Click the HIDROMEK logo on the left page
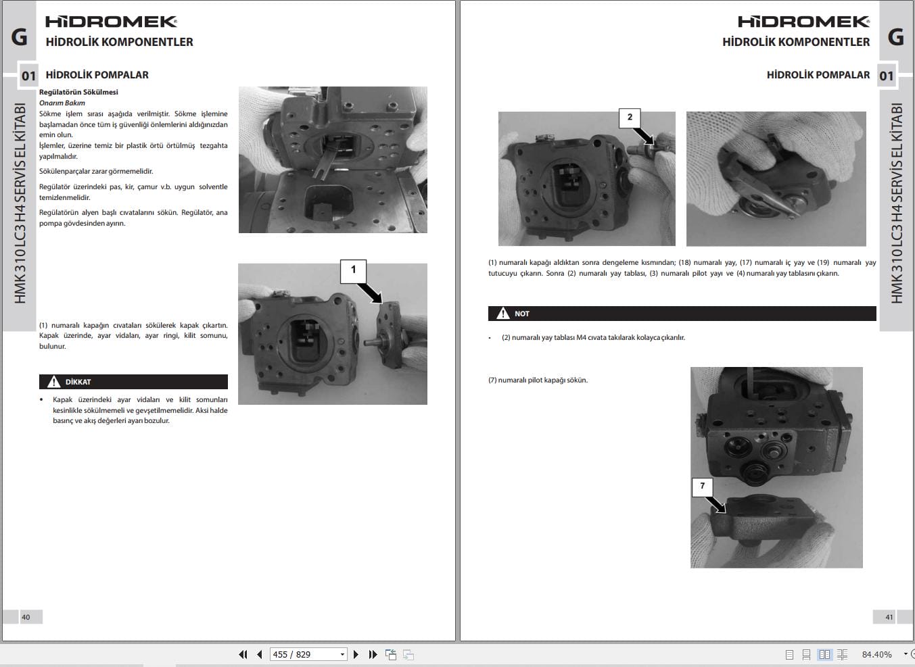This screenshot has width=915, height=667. point(112,22)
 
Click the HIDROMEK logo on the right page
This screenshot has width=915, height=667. point(803,22)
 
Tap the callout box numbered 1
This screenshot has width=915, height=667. point(353,270)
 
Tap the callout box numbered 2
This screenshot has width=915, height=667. point(630,118)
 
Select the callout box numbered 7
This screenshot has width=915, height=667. point(702,487)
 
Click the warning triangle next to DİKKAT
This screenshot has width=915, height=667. point(54,382)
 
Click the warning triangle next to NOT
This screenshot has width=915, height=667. point(503,314)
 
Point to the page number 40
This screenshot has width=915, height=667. point(26,617)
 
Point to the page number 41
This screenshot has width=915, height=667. point(889,617)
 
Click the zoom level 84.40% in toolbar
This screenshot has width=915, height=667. point(876,654)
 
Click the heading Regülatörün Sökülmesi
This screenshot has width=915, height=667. point(78,92)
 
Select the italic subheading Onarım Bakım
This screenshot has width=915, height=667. point(62,103)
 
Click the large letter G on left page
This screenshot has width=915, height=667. point(20,36)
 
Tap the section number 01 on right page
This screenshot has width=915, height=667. point(886,76)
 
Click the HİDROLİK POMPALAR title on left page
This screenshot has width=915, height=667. point(97,75)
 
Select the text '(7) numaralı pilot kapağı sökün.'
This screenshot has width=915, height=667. point(538,380)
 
